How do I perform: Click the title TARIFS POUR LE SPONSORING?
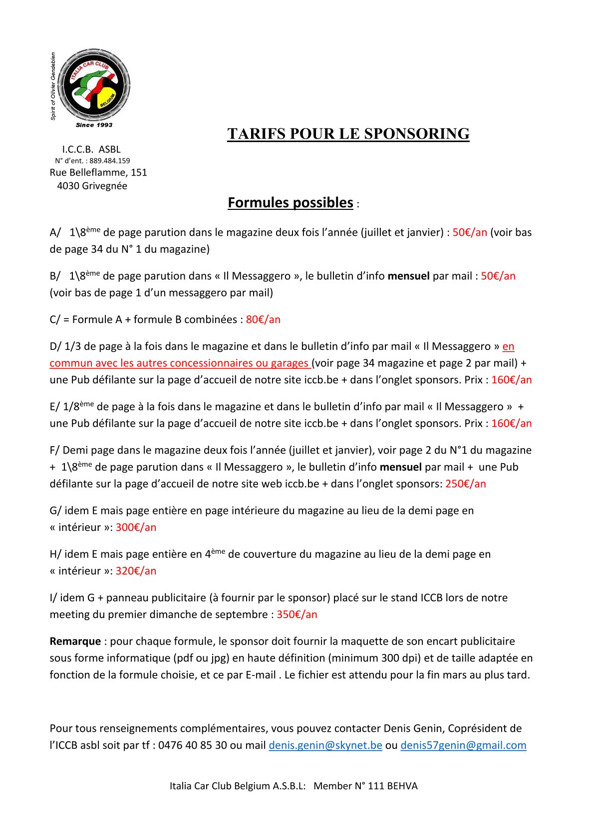[x=348, y=134]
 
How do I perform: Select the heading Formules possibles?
[x=291, y=203]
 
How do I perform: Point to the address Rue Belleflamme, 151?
[x=98, y=172]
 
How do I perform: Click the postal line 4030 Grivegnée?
[x=92, y=186]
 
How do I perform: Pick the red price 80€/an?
[x=263, y=320]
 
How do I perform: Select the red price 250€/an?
[x=465, y=484]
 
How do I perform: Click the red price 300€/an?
[x=136, y=527]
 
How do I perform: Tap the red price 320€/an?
[x=136, y=571]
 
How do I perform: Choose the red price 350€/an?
[x=297, y=615]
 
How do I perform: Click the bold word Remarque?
[x=75, y=642]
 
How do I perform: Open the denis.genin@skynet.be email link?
[x=325, y=745]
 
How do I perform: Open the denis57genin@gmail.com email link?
[x=463, y=745]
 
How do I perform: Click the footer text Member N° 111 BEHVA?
[x=365, y=786]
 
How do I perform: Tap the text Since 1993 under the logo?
[x=94, y=125]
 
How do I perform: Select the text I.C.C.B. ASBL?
[x=91, y=150]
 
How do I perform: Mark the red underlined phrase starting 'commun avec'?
[x=180, y=363]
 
